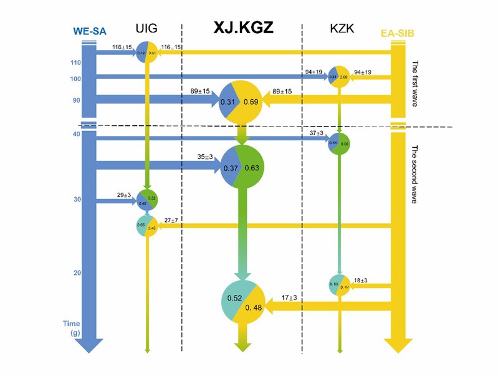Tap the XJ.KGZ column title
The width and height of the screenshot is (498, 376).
244,29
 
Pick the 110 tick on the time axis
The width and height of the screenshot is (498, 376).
76,63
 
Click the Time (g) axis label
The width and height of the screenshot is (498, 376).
74,329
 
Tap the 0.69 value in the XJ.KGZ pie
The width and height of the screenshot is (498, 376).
251,102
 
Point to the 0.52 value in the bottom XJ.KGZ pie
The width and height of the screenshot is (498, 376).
236,299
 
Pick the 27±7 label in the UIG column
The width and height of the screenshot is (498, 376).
173,219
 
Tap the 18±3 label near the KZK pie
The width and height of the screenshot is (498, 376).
361,281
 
